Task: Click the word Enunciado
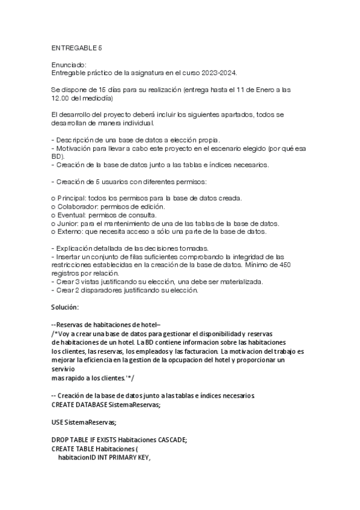point(69,65)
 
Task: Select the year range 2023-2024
point(219,73)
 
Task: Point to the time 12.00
point(62,98)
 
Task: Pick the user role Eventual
point(73,215)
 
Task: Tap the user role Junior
point(68,224)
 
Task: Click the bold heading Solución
point(66,308)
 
